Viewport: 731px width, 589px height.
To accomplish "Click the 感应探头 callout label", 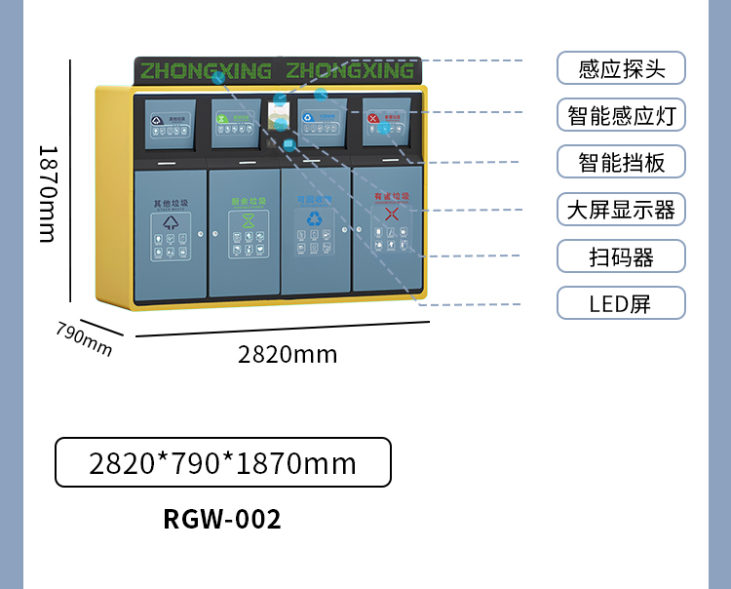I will point(621,68).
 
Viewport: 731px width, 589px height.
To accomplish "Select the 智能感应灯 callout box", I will point(621,115).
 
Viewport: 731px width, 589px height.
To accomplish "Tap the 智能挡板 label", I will point(621,162).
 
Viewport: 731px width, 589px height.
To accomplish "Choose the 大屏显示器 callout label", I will point(621,209).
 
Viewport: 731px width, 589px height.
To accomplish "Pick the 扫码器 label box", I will point(621,256).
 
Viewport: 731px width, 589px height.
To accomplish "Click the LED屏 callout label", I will point(621,303).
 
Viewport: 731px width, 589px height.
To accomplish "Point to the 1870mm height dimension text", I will point(46,193).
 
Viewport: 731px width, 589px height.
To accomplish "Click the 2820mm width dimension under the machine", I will point(288,355).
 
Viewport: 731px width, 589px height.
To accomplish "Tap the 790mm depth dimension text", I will point(84,336).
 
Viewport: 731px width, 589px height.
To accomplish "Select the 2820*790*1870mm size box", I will point(223,462).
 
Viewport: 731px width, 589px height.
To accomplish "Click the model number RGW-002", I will point(222,520).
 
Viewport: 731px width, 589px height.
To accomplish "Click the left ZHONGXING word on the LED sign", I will point(205,71).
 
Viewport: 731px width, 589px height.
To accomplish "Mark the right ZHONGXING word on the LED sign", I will point(350,71).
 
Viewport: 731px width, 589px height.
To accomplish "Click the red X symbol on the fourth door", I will point(391,215).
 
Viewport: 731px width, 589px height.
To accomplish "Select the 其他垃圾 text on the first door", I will point(171,204).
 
